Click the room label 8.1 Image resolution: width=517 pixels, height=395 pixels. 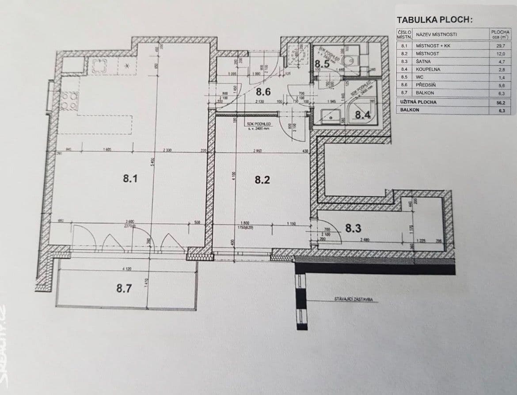click(131, 179)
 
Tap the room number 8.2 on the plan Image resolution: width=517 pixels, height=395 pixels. click(262, 180)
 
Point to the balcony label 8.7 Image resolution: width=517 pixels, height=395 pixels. click(124, 288)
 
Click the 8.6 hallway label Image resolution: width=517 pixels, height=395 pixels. click(263, 92)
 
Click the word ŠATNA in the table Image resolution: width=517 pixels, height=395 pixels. click(423, 61)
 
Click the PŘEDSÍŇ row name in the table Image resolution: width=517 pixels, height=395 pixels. click(426, 85)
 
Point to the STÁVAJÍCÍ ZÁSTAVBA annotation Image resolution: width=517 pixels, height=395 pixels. click(354, 299)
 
